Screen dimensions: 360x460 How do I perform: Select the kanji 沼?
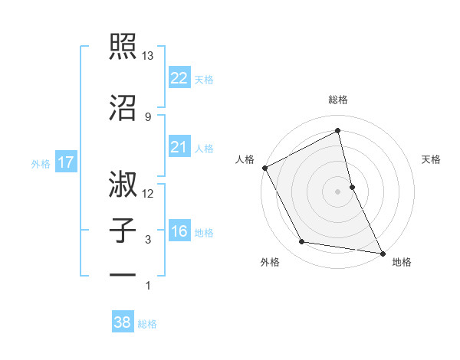[123, 107]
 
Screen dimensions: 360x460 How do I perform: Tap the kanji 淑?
[123, 184]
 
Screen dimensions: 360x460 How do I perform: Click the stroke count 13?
[148, 56]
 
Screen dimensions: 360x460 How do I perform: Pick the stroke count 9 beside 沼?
[148, 116]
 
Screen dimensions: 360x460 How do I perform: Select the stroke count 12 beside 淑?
[148, 194]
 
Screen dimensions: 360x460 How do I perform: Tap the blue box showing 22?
[179, 77]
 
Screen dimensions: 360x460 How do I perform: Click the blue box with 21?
[179, 147]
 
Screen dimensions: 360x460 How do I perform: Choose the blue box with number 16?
[179, 231]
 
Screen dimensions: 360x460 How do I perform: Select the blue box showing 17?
[65, 162]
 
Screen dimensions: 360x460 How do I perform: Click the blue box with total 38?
[122, 322]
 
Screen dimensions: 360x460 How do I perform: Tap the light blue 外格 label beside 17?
[41, 163]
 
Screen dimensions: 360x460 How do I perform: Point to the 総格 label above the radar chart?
[338, 100]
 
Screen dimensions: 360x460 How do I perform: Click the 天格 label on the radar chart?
[431, 159]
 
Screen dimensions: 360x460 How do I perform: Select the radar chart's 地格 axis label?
[402, 263]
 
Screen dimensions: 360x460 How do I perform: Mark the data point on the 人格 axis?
[264, 168]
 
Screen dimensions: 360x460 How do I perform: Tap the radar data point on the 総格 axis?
[338, 132]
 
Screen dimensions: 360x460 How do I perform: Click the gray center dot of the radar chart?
[338, 191]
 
